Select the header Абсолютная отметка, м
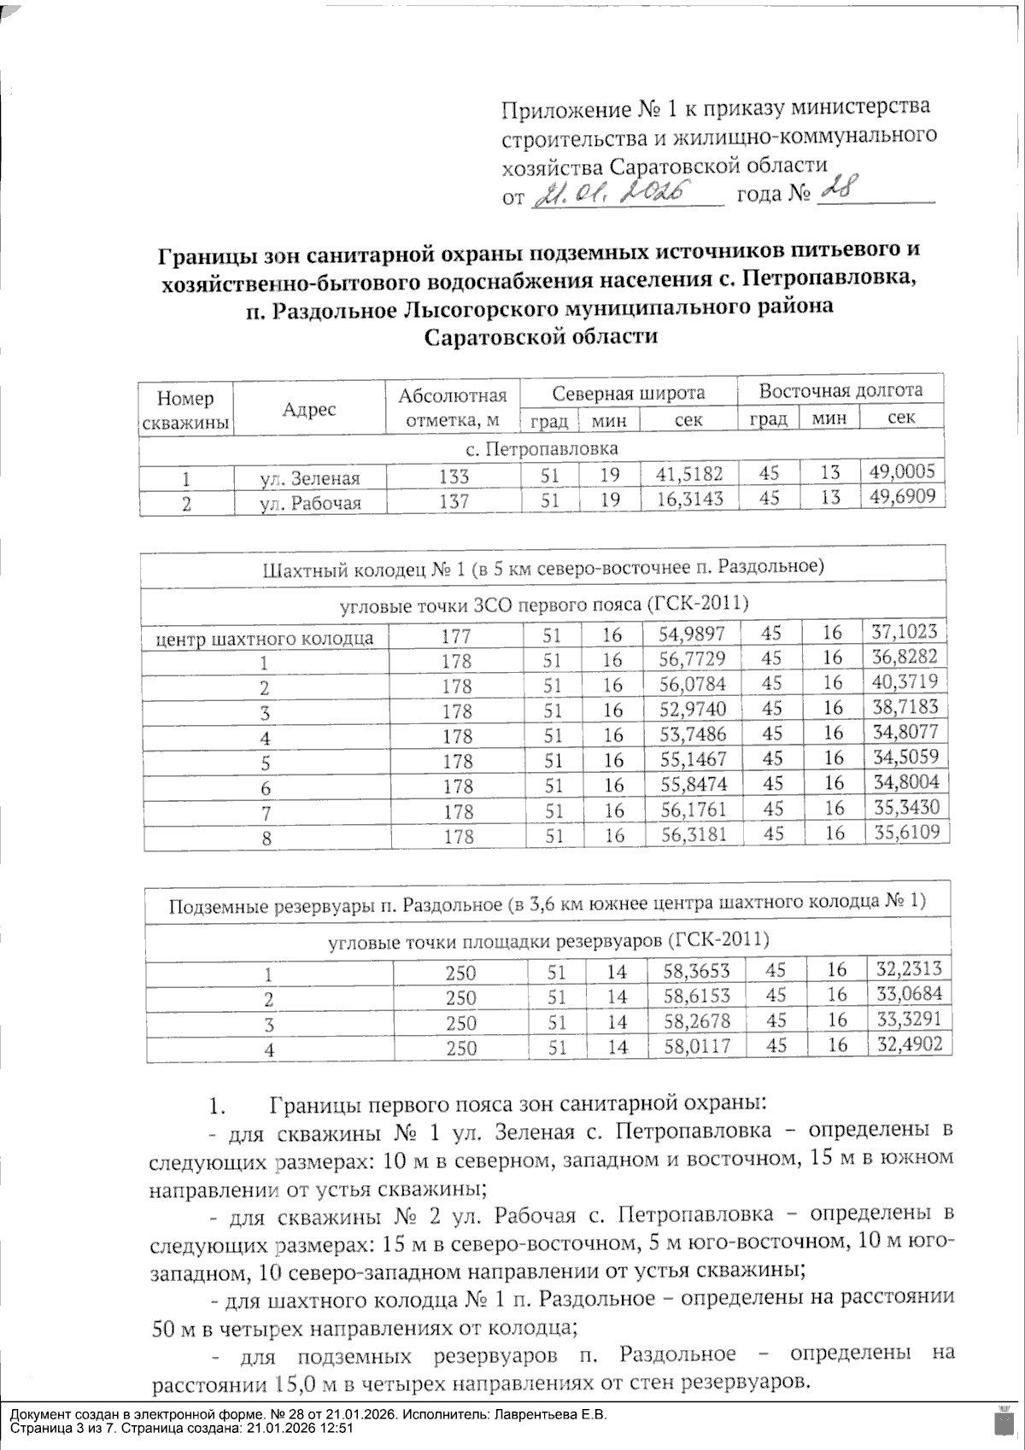tap(453, 407)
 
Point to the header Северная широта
tap(629, 393)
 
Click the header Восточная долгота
tap(840, 391)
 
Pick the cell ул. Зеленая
tap(309, 478)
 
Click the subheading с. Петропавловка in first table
tap(543, 448)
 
